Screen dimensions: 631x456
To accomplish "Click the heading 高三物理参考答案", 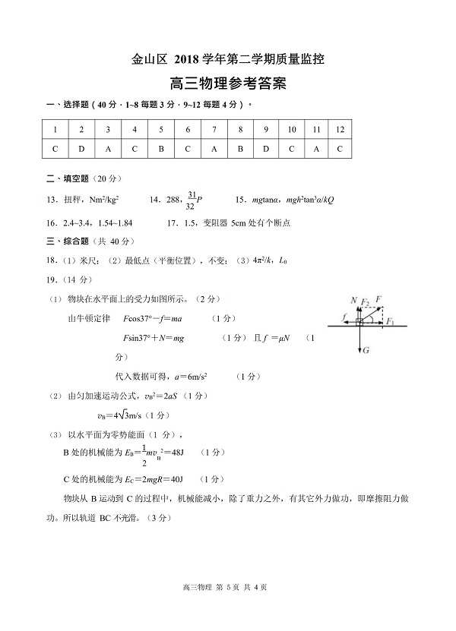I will [228, 84].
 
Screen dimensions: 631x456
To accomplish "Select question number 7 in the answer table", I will [214, 129].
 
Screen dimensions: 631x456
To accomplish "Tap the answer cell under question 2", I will [81, 149].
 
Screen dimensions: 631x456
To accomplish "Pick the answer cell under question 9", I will [266, 149].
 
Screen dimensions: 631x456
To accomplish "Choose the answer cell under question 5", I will [161, 149].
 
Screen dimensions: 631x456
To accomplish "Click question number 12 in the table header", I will [340, 129].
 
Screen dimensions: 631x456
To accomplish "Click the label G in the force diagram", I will [366, 351].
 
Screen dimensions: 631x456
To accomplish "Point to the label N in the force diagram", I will [353, 301].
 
